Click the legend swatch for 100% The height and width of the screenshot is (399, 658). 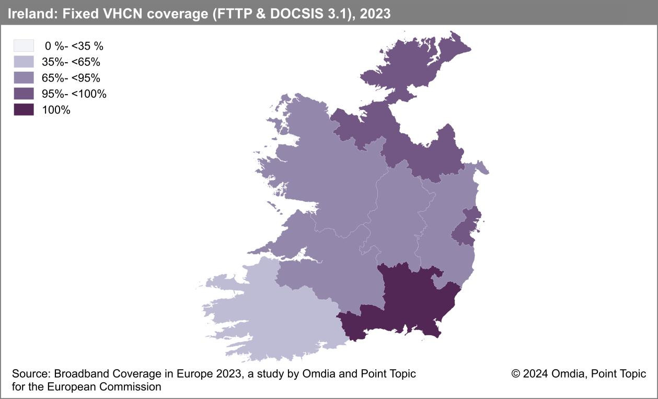(x=24, y=110)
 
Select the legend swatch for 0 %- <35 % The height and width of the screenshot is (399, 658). (x=24, y=45)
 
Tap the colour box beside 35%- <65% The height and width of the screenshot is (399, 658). (x=24, y=62)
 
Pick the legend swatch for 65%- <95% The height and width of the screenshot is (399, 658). (x=24, y=78)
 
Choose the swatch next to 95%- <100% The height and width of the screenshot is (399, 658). (x=24, y=94)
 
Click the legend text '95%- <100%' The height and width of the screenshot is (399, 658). (x=74, y=94)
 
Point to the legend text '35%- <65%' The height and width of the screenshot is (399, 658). (x=71, y=62)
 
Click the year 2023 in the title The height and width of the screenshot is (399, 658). (x=375, y=14)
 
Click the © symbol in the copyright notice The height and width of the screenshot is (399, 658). (x=516, y=374)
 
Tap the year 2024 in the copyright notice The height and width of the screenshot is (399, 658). (x=535, y=374)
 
